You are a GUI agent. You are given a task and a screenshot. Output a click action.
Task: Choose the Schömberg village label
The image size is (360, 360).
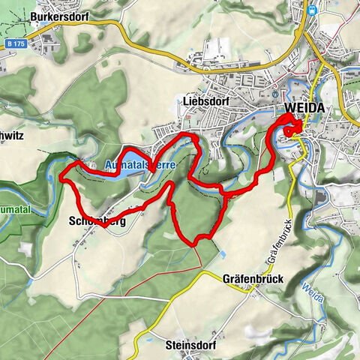[96, 222]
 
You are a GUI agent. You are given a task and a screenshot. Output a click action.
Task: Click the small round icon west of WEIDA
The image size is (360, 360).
[275, 94]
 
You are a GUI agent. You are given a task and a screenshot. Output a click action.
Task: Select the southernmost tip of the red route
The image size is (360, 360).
[195, 244]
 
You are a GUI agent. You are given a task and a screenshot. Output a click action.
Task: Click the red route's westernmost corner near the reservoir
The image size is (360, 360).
[61, 179]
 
